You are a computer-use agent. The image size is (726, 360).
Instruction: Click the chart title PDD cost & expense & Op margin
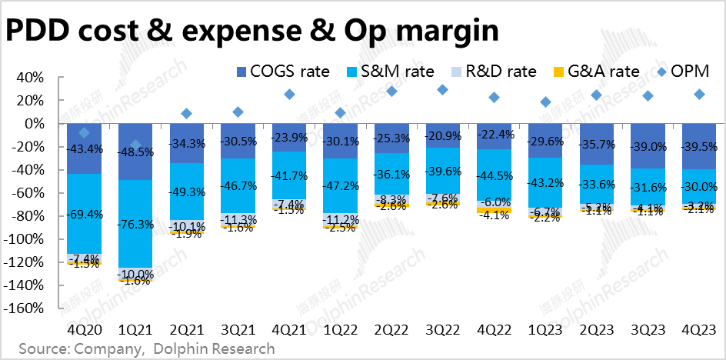click(x=252, y=30)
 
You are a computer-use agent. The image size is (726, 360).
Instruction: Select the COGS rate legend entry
click(x=280, y=72)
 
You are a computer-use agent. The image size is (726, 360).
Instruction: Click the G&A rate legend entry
click(x=597, y=72)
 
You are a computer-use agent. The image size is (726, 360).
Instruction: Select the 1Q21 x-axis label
click(x=135, y=330)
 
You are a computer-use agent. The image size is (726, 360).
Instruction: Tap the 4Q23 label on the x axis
click(x=699, y=330)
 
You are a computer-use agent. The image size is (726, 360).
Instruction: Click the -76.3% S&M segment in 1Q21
click(x=135, y=223)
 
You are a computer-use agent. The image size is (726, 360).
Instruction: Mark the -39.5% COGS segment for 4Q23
click(x=699, y=146)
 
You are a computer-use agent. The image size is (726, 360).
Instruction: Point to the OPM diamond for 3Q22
click(x=442, y=90)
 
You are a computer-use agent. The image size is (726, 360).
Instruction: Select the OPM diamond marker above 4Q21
click(x=289, y=94)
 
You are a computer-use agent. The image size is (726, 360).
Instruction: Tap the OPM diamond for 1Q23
click(x=545, y=102)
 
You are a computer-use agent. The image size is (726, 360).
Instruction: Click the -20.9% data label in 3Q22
click(x=442, y=136)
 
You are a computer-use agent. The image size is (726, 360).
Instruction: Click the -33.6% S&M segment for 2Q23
click(x=597, y=184)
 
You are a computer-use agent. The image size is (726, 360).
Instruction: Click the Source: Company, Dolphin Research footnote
click(x=146, y=349)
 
